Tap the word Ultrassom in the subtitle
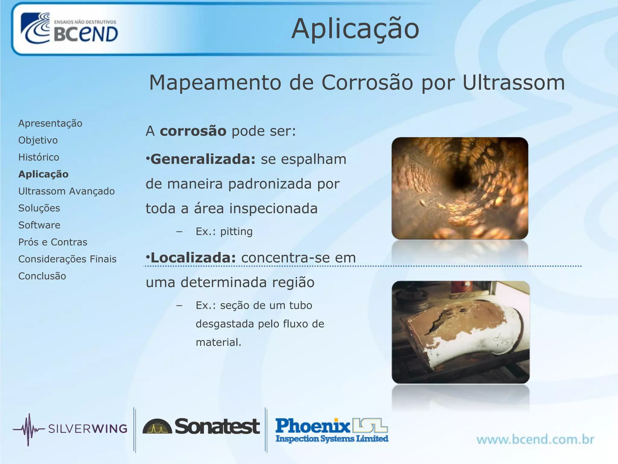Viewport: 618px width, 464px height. pyautogui.click(x=513, y=82)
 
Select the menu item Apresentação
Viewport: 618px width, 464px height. pyautogui.click(x=50, y=123)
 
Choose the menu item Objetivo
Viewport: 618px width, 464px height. pyautogui.click(x=38, y=140)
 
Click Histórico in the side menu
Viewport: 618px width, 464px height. pyautogui.click(x=39, y=157)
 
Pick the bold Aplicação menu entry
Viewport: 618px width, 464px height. pyautogui.click(x=43, y=174)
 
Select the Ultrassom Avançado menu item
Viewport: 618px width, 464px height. pyautogui.click(x=66, y=191)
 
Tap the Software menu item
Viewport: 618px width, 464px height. pyautogui.click(x=39, y=225)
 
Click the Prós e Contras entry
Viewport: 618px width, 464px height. pyautogui.click(x=53, y=242)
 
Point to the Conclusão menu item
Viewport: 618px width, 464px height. pyautogui.click(x=42, y=276)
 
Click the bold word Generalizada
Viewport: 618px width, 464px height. pyautogui.click(x=203, y=159)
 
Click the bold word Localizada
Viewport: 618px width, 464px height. pyautogui.click(x=193, y=258)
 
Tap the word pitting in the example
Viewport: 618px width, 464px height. pyautogui.click(x=236, y=231)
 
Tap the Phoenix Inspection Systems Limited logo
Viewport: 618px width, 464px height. pyautogui.click(x=332, y=430)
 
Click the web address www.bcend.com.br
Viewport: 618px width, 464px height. pyautogui.click(x=535, y=439)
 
